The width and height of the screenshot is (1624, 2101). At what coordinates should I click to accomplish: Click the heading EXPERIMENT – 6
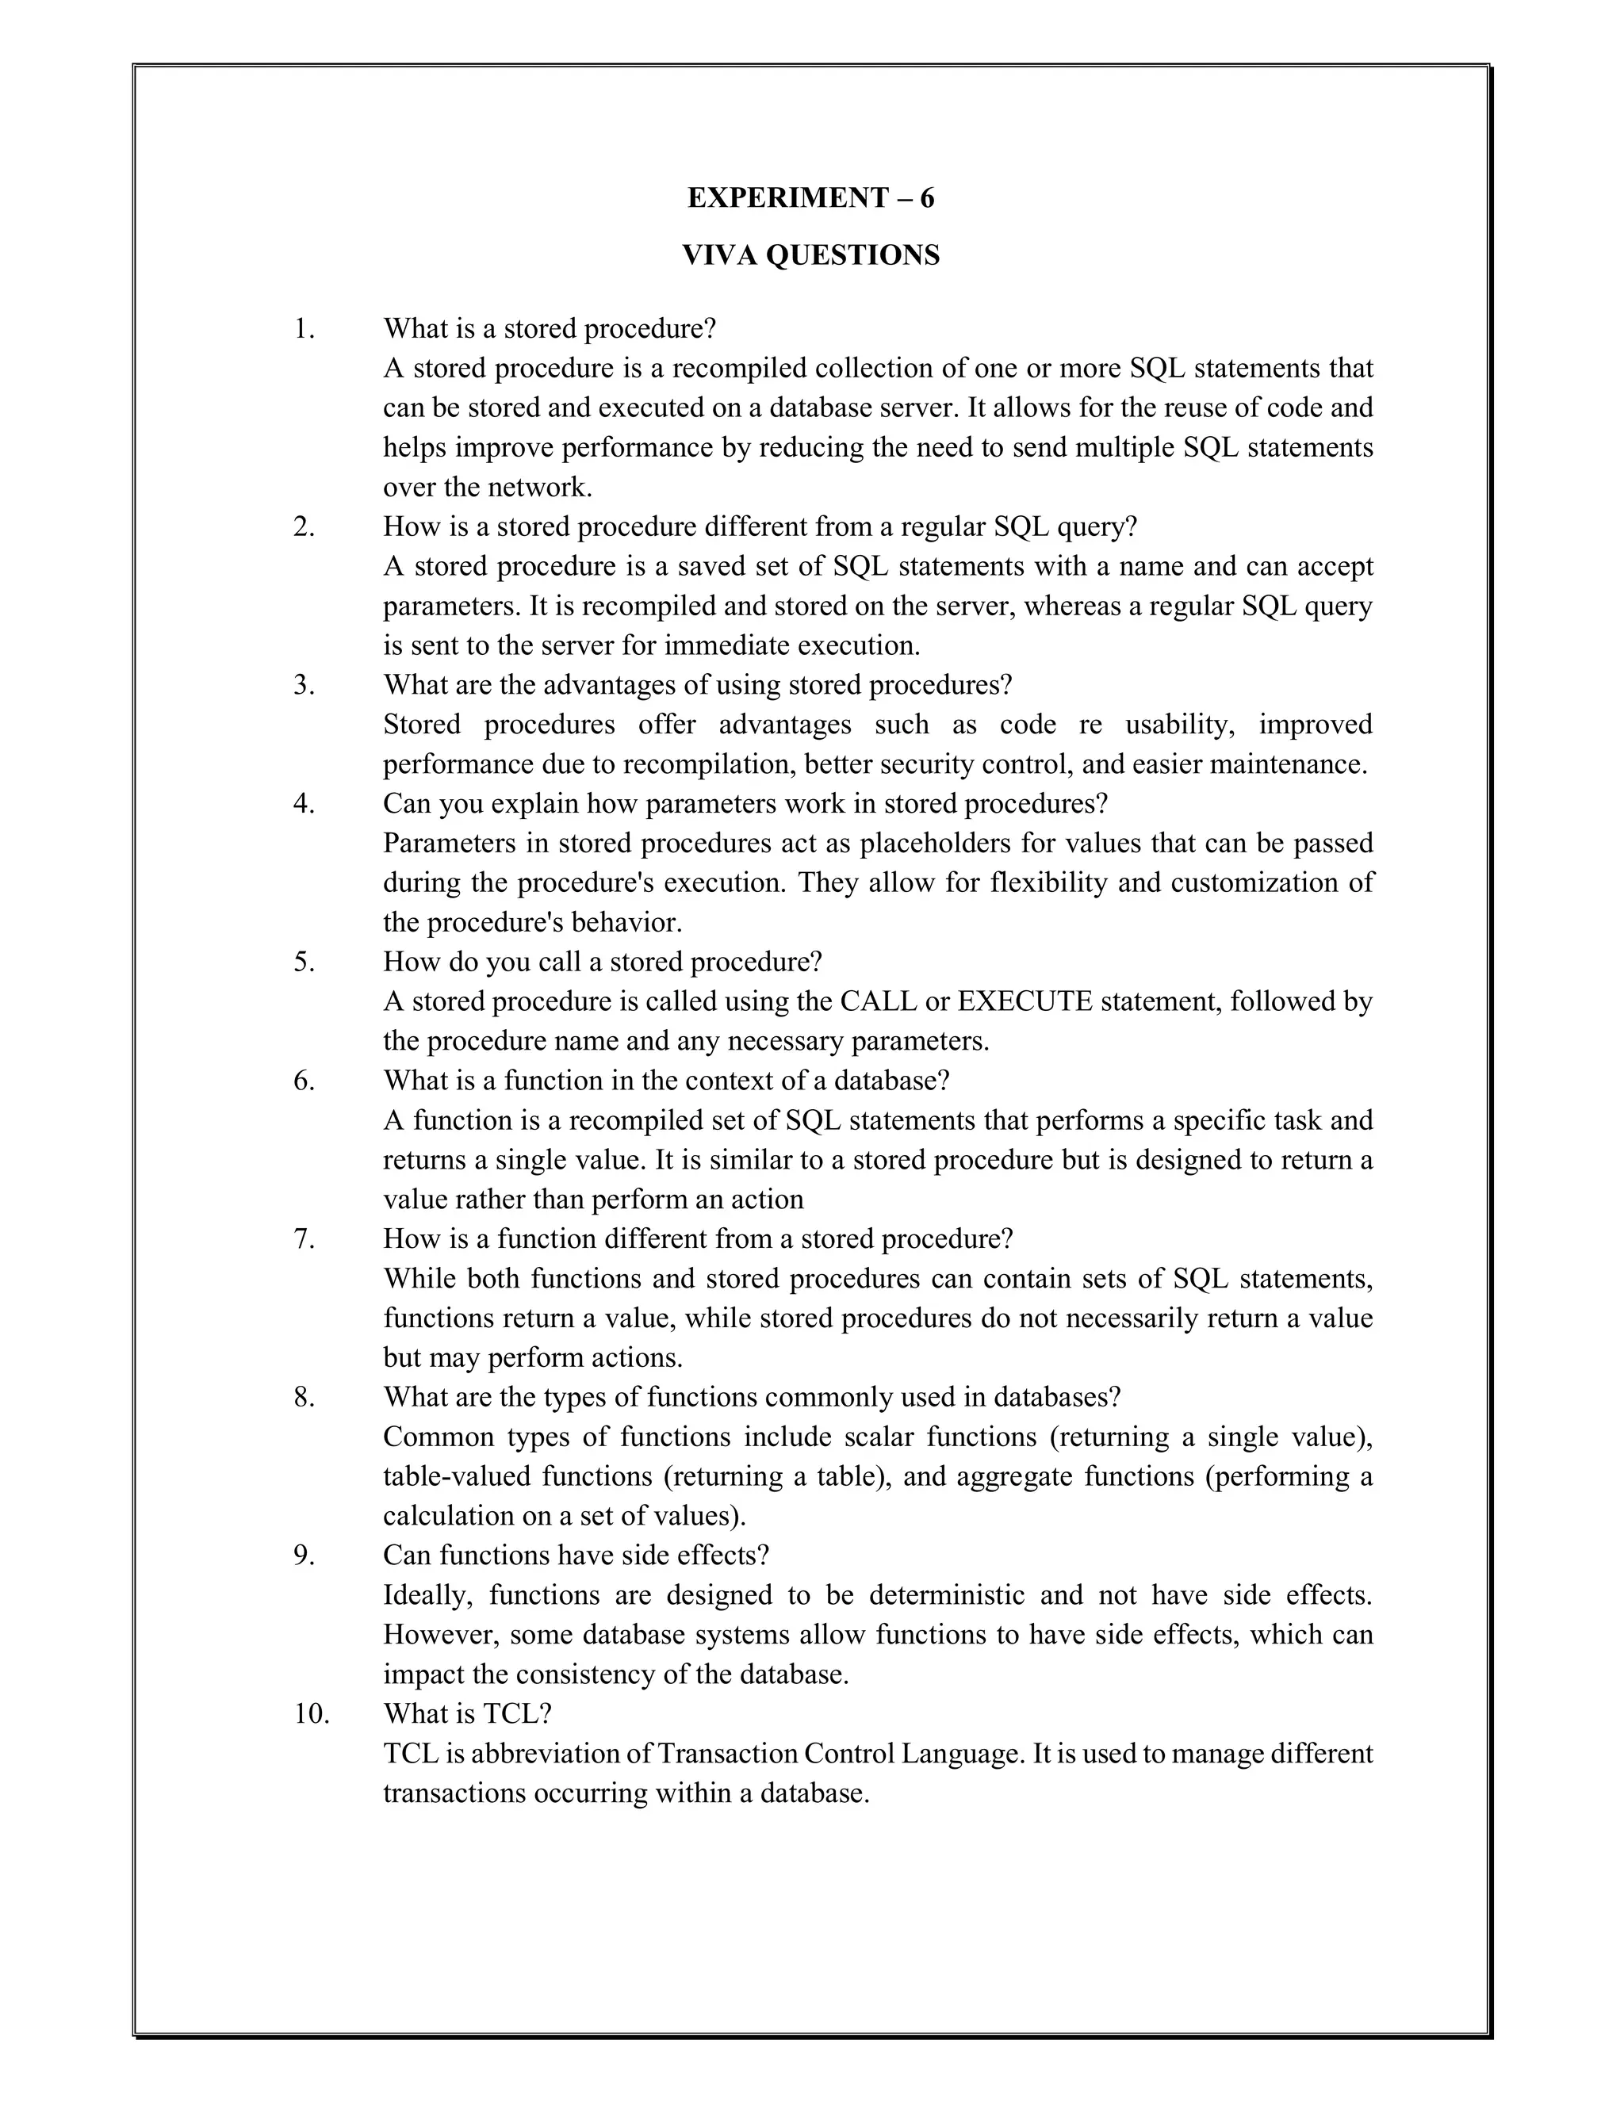[x=810, y=197]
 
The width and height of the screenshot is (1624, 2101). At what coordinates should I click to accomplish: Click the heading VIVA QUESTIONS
[x=810, y=255]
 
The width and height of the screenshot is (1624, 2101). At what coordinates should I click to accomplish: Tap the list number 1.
[x=304, y=329]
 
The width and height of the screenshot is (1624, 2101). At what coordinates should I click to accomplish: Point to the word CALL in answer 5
[x=879, y=1001]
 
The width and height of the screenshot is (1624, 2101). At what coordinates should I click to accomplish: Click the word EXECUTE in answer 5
[x=1025, y=1001]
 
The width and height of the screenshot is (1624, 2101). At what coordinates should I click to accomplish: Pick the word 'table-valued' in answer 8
[x=456, y=1475]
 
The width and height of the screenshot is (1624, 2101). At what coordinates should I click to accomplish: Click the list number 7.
[x=304, y=1239]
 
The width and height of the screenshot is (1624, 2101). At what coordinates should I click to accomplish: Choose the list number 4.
[x=304, y=803]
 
